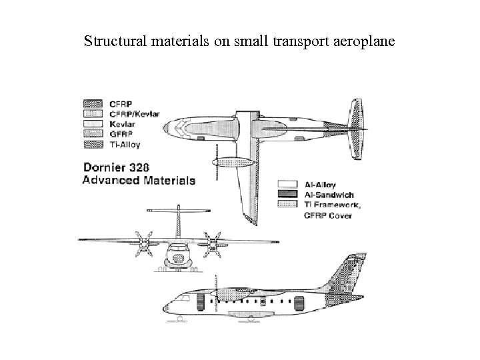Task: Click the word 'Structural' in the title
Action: (111, 42)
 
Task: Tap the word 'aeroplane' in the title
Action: (363, 42)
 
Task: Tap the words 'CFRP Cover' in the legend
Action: (325, 215)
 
